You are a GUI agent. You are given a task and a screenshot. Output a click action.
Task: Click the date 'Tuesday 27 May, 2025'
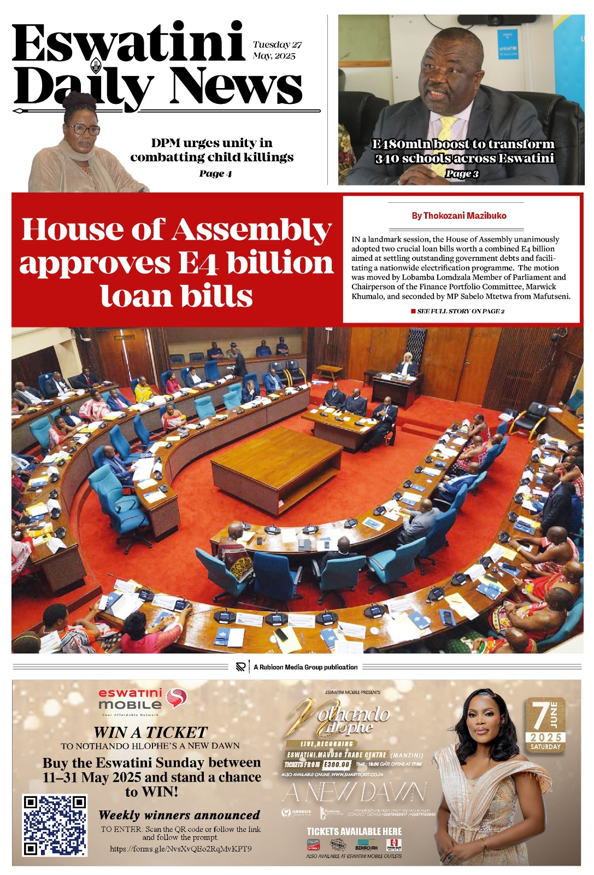coord(277,50)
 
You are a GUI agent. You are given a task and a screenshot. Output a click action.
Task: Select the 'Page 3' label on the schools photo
coord(462,174)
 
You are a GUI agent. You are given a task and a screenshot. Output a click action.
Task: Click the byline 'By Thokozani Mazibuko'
coord(459,216)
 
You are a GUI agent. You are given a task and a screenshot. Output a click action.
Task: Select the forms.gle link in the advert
coord(181,849)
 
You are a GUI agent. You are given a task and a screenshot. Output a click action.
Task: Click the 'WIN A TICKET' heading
coord(150,732)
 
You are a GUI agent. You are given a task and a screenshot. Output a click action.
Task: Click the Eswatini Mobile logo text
coord(130,699)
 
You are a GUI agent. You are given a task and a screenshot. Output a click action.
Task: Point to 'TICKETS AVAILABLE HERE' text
coord(354,831)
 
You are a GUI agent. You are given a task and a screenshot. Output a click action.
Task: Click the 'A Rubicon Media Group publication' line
coord(305,667)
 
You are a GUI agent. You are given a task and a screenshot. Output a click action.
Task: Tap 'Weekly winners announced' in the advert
coord(179,815)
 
